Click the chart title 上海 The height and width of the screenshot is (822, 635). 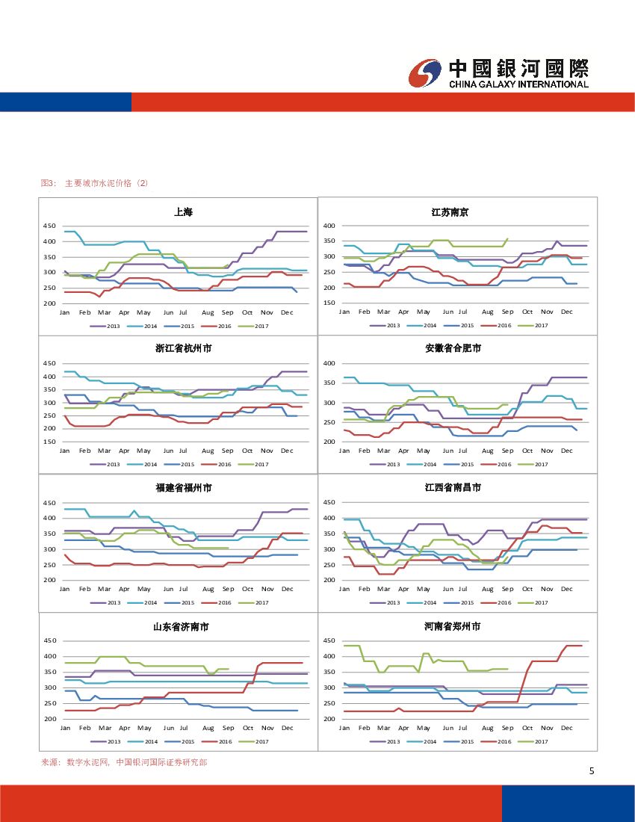183,212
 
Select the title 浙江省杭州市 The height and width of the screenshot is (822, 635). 183,349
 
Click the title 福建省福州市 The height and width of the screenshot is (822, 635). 183,488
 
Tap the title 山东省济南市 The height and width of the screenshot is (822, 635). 183,627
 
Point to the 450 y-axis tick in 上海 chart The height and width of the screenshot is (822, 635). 49,226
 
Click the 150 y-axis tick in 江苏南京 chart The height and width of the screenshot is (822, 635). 329,303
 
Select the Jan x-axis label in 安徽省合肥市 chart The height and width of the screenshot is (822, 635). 344,451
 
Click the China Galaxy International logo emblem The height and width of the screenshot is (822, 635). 426,73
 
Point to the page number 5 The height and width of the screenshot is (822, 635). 591,772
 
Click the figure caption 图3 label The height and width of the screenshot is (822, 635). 48,183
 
